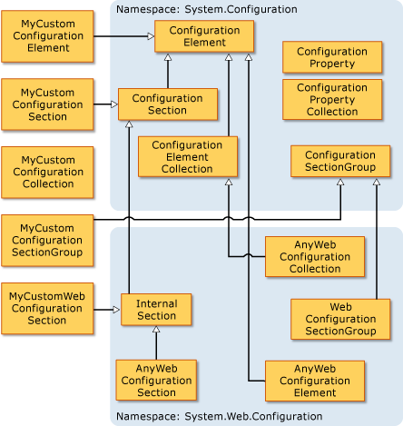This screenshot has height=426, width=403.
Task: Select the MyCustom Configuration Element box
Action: pyautogui.click(x=47, y=36)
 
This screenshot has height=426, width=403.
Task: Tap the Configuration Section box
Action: pyautogui.click(x=167, y=104)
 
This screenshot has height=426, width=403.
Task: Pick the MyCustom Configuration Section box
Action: pyautogui.click(x=47, y=104)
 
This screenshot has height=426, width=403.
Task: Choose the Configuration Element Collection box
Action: pyautogui.click(x=188, y=156)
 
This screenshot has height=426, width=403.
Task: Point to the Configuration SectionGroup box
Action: pyautogui.click(x=340, y=161)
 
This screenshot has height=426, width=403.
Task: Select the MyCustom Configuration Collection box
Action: pyautogui.click(x=47, y=172)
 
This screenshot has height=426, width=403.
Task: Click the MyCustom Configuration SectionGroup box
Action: pyautogui.click(x=47, y=240)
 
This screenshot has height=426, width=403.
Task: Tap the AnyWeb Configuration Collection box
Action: pyautogui.click(x=315, y=257)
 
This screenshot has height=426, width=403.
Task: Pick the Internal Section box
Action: pyautogui.click(x=156, y=309)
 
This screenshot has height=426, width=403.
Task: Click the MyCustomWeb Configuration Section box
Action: pyautogui.click(x=47, y=308)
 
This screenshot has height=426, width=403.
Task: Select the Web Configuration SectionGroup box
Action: pyautogui.click(x=340, y=319)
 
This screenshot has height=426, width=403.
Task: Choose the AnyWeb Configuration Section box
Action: pyautogui.click(x=156, y=380)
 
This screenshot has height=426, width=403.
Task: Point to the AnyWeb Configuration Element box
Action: pyautogui.click(x=315, y=381)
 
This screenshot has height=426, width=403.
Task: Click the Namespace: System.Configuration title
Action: pyautogui.click(x=206, y=8)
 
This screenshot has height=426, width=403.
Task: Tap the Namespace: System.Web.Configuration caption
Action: pyautogui.click(x=218, y=417)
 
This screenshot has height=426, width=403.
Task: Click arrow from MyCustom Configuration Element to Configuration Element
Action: pyautogui.click(x=123, y=36)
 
